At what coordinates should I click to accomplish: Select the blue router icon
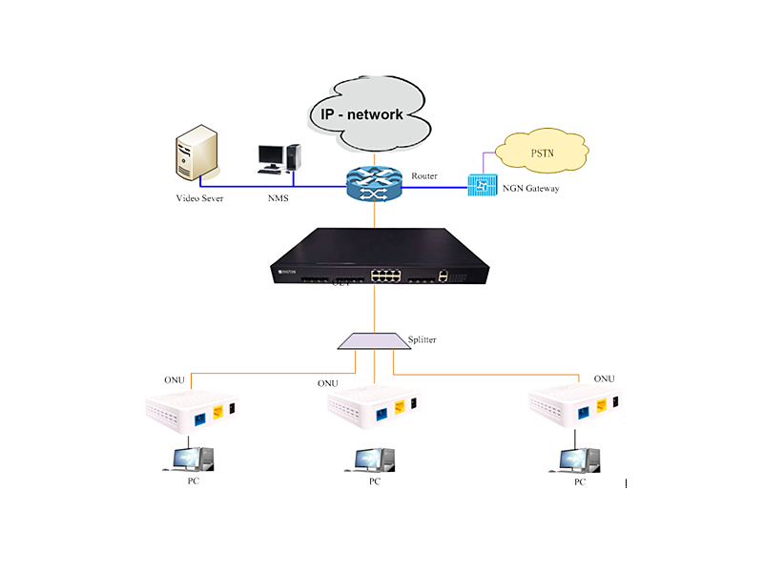pos(374,184)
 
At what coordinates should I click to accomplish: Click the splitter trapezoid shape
pos(373,341)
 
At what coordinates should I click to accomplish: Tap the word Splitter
pos(424,338)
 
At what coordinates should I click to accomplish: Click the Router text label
pos(424,176)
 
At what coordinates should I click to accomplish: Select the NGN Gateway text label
pos(530,189)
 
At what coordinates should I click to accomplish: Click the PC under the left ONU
pos(190,459)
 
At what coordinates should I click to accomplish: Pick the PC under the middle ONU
pos(370,459)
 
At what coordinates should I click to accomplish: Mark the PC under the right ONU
pos(576,459)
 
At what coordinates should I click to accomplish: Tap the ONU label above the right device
pos(604,378)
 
